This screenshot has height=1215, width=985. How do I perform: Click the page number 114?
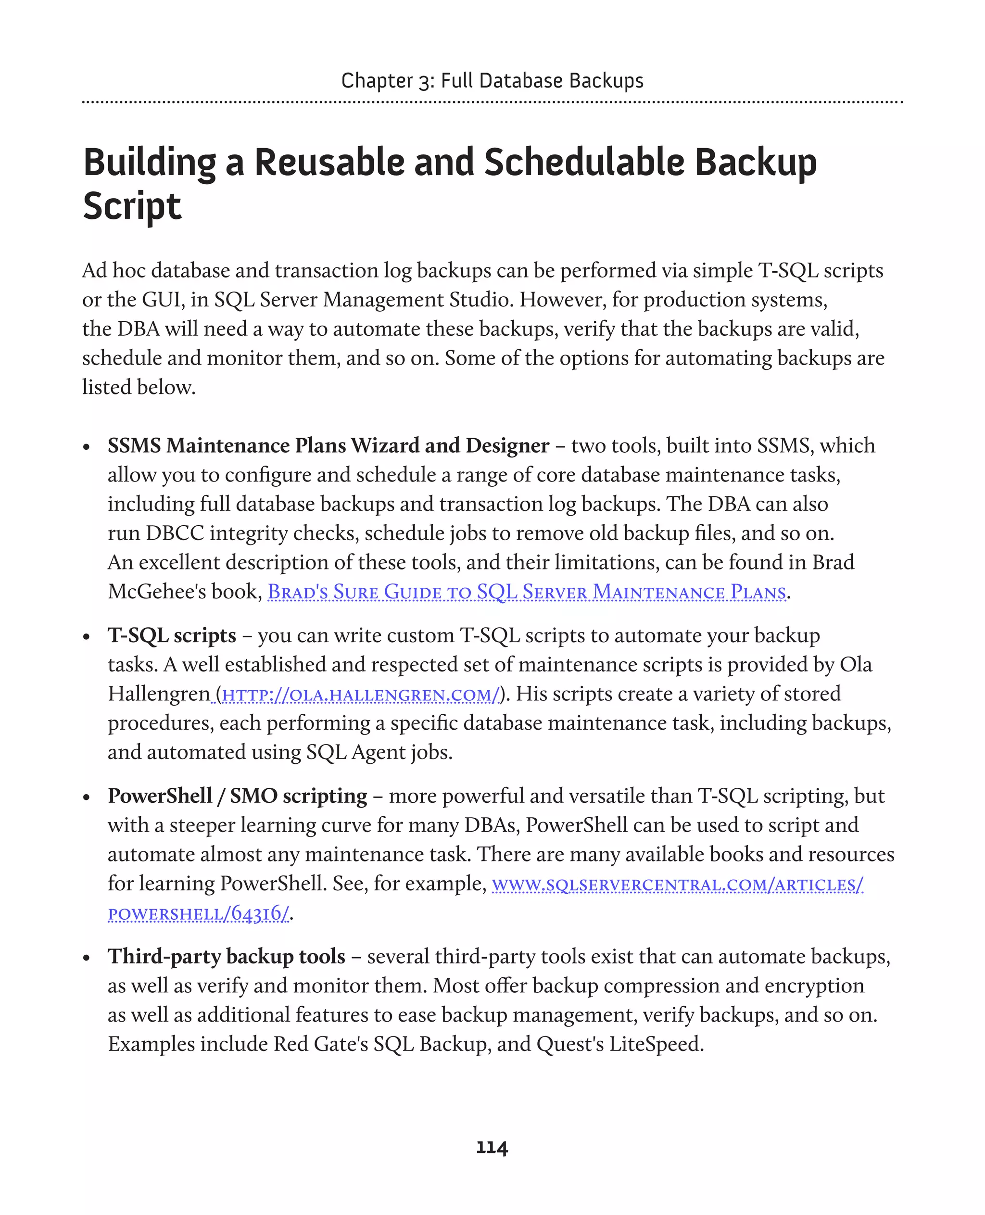[x=492, y=1148]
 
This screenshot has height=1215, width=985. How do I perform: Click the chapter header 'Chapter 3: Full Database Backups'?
[x=492, y=81]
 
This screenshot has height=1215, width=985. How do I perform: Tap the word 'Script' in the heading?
[x=132, y=206]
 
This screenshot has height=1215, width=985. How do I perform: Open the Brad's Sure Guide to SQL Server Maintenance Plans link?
[x=527, y=592]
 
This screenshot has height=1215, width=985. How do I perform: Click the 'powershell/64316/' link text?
[x=199, y=913]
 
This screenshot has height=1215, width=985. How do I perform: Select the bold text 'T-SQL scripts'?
[x=172, y=635]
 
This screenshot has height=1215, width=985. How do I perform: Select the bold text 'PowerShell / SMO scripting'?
[x=237, y=796]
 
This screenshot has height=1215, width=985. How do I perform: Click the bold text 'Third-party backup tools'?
[x=227, y=956]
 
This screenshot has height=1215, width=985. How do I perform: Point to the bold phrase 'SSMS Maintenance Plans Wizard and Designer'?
[x=328, y=445]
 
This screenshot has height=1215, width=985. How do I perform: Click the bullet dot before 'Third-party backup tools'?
[x=86, y=958]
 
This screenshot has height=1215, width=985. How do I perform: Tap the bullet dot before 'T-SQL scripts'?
[x=86, y=637]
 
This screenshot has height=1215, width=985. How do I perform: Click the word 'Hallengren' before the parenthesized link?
[x=158, y=694]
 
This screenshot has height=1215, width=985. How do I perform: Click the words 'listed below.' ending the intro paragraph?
[x=139, y=387]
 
